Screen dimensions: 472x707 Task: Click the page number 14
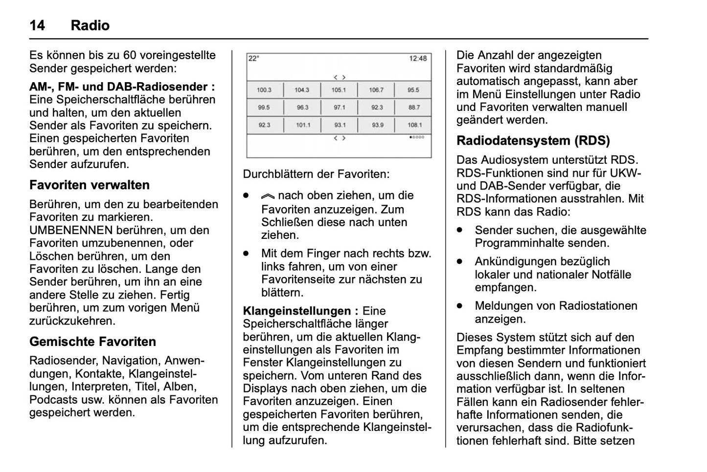pyautogui.click(x=37, y=25)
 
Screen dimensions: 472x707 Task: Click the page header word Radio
pyautogui.click(x=90, y=25)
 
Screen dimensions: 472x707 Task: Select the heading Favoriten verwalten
pyautogui.click(x=90, y=185)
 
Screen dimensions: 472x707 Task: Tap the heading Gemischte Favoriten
pyautogui.click(x=92, y=342)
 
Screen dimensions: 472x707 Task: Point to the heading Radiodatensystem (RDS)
pyautogui.click(x=533, y=141)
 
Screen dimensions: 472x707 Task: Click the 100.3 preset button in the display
pyautogui.click(x=264, y=90)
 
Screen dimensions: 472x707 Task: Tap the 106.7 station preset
pyautogui.click(x=376, y=90)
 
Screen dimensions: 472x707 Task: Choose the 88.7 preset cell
pyautogui.click(x=414, y=107)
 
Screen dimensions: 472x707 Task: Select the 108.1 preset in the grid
pyautogui.click(x=414, y=125)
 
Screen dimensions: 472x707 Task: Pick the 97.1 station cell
pyautogui.click(x=339, y=107)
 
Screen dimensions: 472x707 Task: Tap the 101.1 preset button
pyautogui.click(x=302, y=125)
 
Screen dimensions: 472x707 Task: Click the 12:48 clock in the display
pyautogui.click(x=418, y=59)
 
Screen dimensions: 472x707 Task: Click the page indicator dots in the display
pyautogui.click(x=417, y=138)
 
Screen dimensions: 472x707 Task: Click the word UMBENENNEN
pyautogui.click(x=71, y=230)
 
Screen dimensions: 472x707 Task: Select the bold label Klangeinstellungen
pyautogui.click(x=297, y=311)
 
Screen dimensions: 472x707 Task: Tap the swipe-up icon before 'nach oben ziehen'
pyautogui.click(x=268, y=196)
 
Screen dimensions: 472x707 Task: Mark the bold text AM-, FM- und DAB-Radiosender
pyautogui.click(x=122, y=87)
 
